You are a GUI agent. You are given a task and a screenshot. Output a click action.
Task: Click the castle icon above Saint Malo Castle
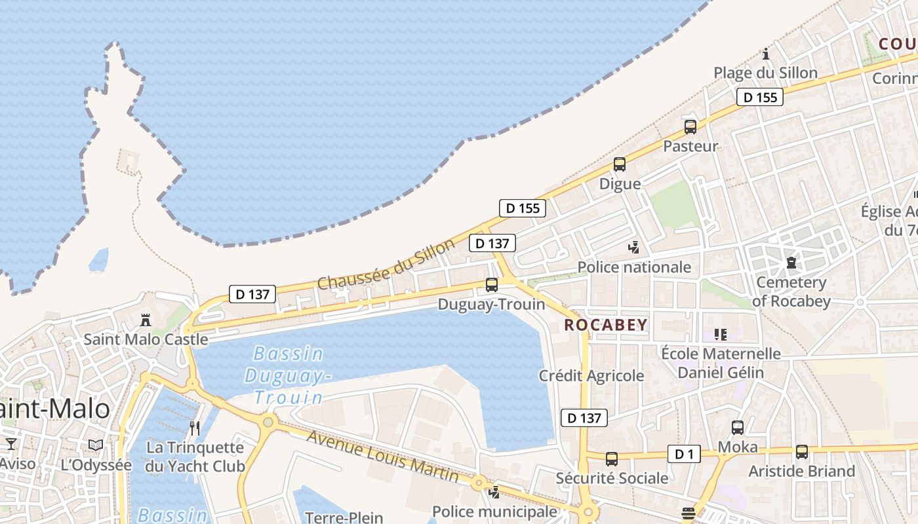[146, 320]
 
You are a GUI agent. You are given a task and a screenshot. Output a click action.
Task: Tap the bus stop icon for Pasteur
[690, 127]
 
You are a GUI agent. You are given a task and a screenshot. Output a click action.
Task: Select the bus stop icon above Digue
[619, 164]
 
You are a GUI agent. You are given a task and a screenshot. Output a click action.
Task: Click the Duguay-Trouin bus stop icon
[491, 285]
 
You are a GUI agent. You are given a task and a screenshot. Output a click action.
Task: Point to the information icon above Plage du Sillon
[765, 54]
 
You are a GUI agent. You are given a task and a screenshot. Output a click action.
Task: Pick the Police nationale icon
[633, 248]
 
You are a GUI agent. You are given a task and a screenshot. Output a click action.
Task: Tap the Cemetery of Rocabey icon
[791, 263]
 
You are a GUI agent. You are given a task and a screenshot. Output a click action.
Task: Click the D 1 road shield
[684, 454]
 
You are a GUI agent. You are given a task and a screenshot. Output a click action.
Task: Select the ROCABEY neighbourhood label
[605, 325]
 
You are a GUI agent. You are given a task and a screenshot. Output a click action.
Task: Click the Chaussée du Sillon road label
[386, 265]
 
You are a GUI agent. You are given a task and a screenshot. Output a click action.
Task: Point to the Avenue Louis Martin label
[382, 457]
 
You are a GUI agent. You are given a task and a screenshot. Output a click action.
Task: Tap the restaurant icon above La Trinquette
[194, 428]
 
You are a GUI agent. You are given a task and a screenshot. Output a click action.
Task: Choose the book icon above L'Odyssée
[96, 445]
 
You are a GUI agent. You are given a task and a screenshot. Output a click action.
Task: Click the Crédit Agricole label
[591, 376]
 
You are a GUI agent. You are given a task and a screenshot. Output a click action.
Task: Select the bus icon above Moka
[737, 428]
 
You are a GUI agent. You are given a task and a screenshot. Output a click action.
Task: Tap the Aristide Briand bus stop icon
[801, 451]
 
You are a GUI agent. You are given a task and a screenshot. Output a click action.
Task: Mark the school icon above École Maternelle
[721, 335]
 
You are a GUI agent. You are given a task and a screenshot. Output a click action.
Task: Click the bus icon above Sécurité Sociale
[611, 459]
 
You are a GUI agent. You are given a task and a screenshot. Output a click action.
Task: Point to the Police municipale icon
[494, 492]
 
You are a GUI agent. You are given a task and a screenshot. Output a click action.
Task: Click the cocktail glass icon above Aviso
[10, 444]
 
